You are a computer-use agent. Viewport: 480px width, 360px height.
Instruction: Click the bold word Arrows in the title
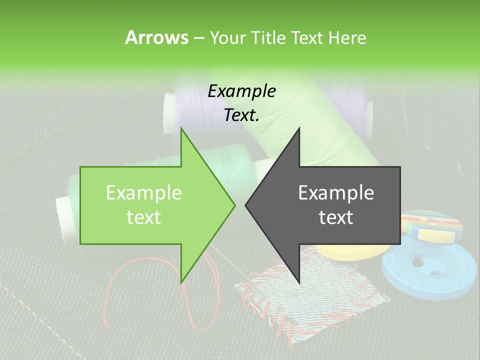click(156, 37)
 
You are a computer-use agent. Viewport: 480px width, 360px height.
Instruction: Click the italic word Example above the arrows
click(242, 91)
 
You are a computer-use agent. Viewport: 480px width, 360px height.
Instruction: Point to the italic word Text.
click(242, 115)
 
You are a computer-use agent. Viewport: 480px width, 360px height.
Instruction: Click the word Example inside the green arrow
click(144, 192)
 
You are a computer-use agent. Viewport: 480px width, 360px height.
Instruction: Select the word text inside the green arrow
click(144, 217)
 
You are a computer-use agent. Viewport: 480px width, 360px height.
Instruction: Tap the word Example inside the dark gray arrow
click(336, 192)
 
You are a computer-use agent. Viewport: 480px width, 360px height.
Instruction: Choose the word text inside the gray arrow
click(336, 217)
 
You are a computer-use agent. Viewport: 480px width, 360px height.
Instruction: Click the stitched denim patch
click(310, 295)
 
